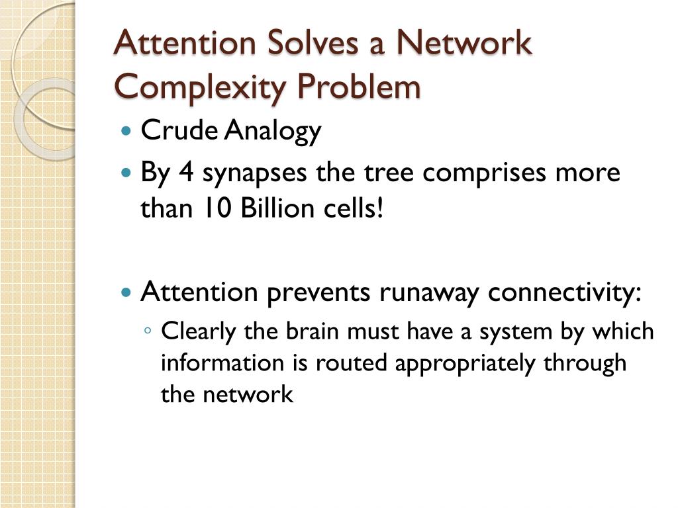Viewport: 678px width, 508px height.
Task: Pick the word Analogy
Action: pos(272,132)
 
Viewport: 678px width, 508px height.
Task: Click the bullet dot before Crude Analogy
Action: pos(128,131)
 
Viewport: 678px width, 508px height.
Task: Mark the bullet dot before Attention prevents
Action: pos(128,292)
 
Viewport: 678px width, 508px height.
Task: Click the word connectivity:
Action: pos(565,292)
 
